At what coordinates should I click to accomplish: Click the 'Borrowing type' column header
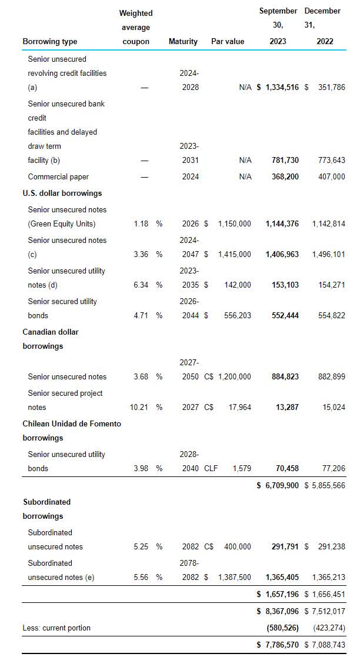pyautogui.click(x=49, y=42)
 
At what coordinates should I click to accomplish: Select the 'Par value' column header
pyautogui.click(x=228, y=42)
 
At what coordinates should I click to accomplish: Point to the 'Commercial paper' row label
pyautogui.click(x=58, y=176)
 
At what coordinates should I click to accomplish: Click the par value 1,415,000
pyautogui.click(x=234, y=255)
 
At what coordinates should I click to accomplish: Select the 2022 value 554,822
pyautogui.click(x=331, y=316)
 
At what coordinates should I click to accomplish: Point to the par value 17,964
pyautogui.click(x=238, y=408)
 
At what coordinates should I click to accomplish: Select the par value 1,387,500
pyautogui.click(x=234, y=578)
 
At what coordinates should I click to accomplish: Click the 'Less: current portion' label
pyautogui.click(x=56, y=628)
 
